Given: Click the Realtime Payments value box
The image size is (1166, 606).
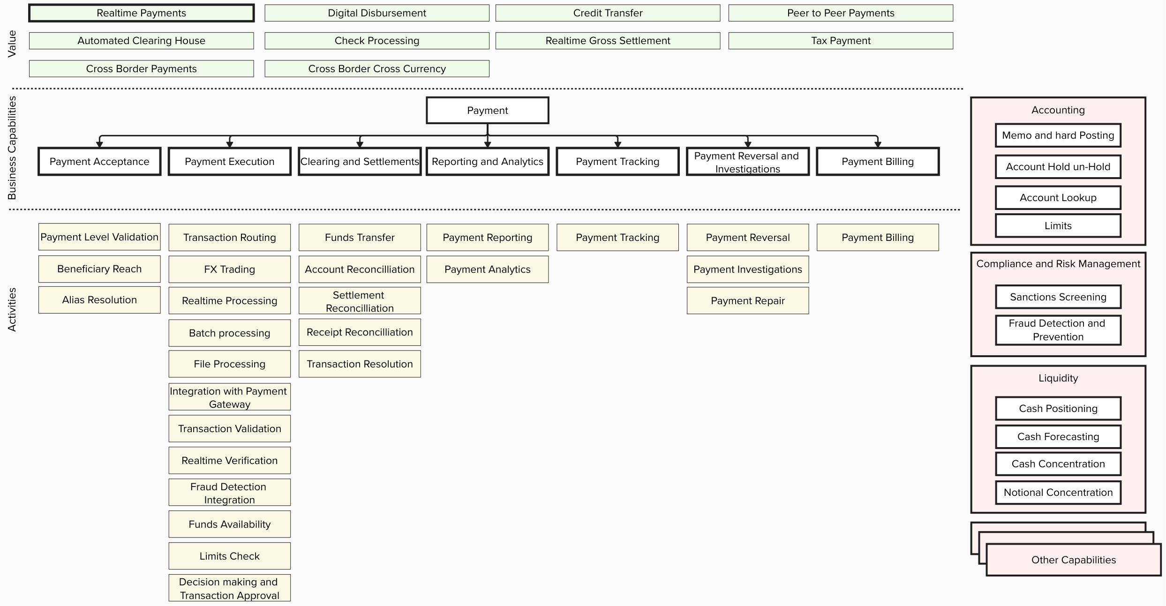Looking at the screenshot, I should (141, 13).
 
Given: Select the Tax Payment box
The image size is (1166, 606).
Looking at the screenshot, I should (840, 41).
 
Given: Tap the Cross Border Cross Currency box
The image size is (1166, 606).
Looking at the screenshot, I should (376, 68).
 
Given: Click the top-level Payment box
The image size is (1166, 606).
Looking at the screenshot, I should (487, 111).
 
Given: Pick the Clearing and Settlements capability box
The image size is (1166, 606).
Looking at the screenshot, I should (360, 162).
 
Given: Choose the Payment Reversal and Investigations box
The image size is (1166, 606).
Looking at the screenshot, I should (747, 162).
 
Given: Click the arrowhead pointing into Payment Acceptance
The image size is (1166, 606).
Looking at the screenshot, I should (99, 144).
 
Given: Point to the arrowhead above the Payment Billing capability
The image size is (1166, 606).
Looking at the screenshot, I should (877, 144).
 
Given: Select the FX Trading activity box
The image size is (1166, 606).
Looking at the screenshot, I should (229, 269).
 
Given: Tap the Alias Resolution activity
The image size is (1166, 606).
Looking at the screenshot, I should (99, 300).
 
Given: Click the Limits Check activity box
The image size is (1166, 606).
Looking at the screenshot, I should (229, 556).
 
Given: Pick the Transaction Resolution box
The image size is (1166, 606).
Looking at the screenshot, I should (360, 364).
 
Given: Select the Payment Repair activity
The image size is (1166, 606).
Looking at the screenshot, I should (747, 300).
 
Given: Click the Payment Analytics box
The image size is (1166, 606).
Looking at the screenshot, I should (487, 269).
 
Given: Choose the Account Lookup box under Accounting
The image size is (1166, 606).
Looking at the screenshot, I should (1058, 198).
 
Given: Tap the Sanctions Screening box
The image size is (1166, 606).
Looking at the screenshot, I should (1058, 297).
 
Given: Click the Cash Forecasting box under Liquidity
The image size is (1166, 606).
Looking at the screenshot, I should (1058, 437).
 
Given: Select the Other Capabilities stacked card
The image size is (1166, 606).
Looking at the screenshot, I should (1073, 560).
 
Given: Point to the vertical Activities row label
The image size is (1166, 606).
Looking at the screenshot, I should (12, 309).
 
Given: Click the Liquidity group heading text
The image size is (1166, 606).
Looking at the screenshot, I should (1058, 378).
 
